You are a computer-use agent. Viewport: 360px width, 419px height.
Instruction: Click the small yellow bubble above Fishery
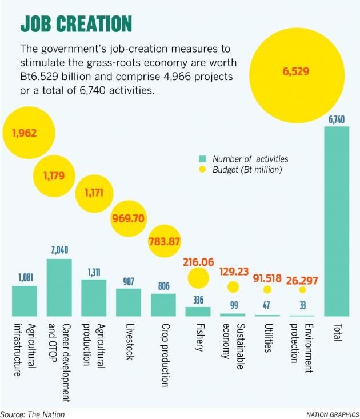198,279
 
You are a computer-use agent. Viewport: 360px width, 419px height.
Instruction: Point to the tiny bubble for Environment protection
302,290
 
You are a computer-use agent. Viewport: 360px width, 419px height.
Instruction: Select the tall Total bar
336,221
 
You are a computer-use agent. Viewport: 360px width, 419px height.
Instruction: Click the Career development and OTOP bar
59,288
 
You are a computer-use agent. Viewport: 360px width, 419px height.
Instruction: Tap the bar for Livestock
129,302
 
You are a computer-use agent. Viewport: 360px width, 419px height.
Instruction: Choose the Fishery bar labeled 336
198,312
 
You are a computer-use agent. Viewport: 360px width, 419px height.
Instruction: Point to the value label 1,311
93,273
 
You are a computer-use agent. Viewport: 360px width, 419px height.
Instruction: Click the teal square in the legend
202,159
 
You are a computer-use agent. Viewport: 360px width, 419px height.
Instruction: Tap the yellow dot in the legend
202,170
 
